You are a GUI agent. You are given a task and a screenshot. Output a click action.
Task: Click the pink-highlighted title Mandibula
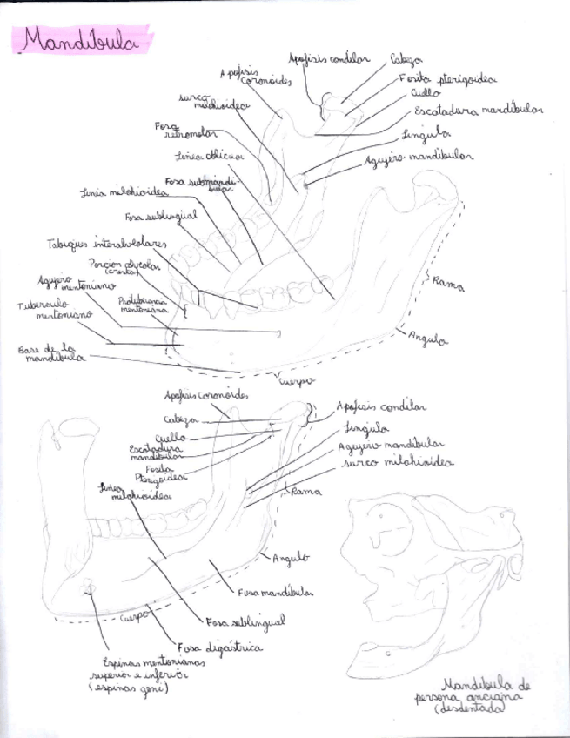coord(80,41)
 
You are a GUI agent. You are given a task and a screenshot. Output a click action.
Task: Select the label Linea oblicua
coord(209,157)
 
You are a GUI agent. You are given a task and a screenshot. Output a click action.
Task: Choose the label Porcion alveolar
coord(121,263)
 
